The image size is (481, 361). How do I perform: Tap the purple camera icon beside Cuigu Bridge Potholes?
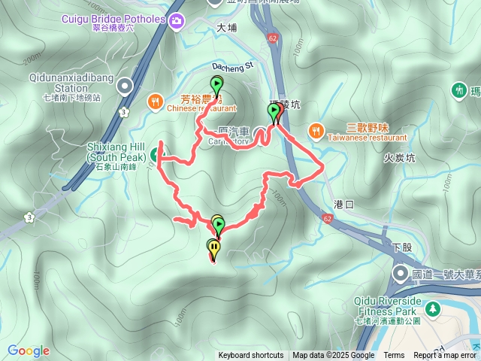tap(177, 20)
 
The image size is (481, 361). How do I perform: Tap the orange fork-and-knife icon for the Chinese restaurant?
tap(155, 100)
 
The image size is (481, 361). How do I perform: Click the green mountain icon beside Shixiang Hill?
tap(156, 155)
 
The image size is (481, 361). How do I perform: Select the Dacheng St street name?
tap(234, 67)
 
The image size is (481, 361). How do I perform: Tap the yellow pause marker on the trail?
tap(215, 247)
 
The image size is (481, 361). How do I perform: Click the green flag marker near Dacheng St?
tap(216, 85)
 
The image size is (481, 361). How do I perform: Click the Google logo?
tap(28, 350)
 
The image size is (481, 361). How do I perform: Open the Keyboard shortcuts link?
tap(251, 356)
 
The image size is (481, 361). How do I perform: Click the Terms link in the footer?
tap(394, 356)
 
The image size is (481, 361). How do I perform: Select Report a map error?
tap(445, 356)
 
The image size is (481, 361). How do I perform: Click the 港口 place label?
tap(343, 204)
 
